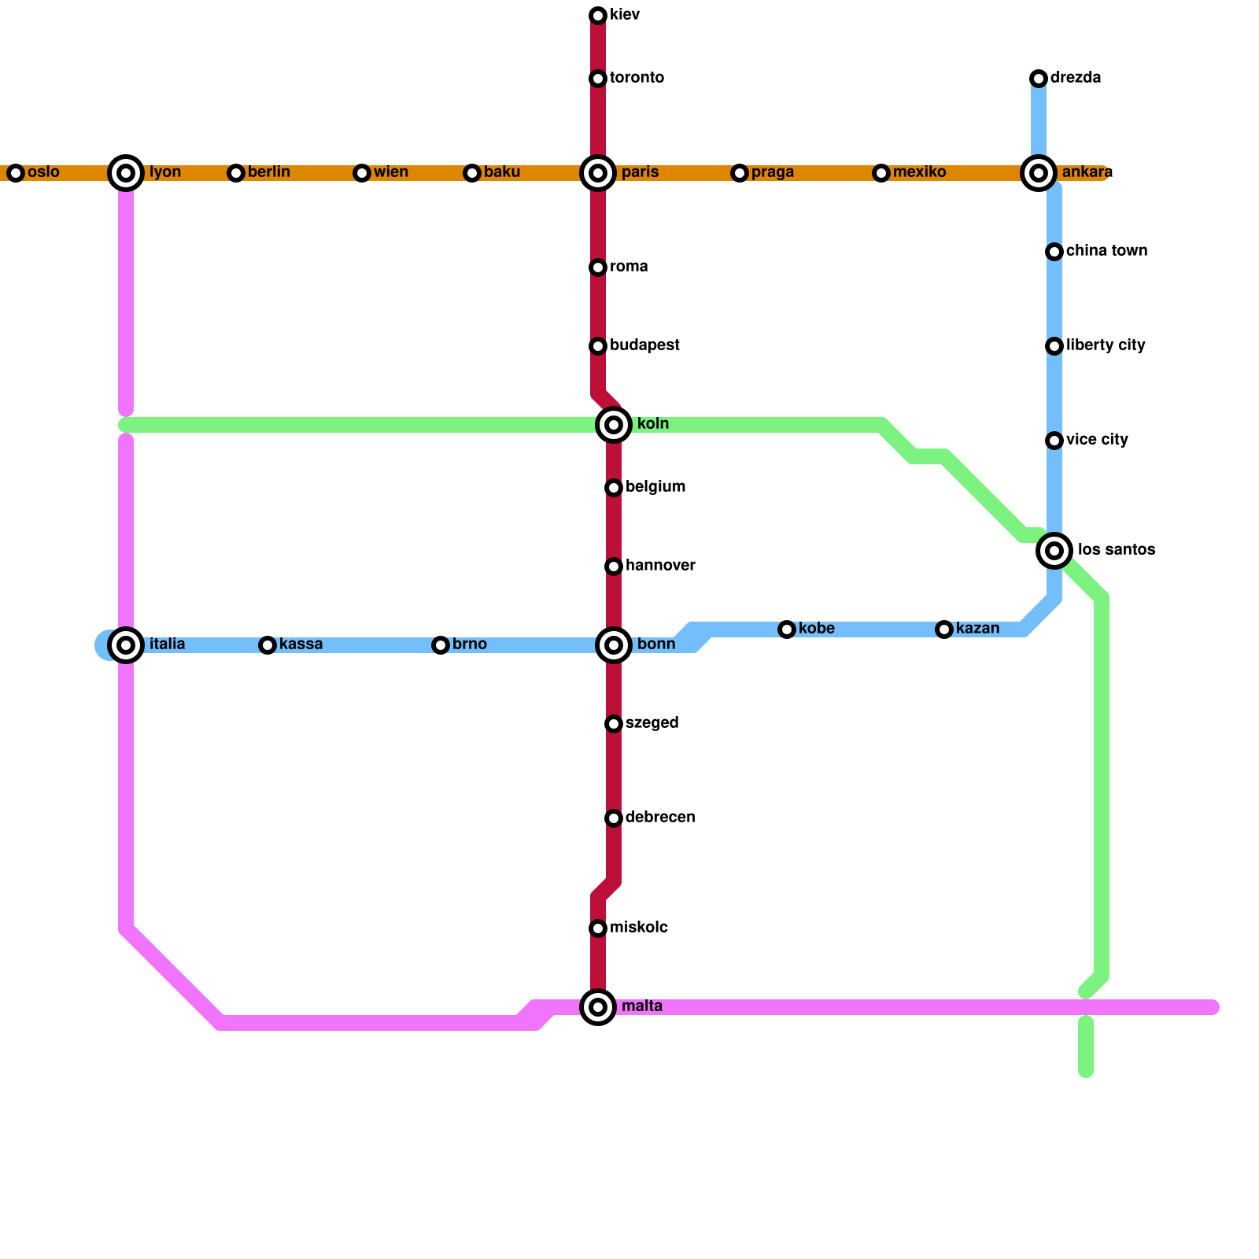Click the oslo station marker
16,173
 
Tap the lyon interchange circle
126,173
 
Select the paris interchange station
598,173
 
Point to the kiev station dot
598,16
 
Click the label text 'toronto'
637,78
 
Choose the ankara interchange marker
1039,173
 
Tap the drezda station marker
1039,79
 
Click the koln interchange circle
614,425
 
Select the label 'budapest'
644,345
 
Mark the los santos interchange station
1054,551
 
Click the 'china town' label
1106,251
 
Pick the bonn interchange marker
614,645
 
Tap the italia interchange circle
126,645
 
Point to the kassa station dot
268,645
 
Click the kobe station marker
787,629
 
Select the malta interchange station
598,1007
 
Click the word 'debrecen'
660,818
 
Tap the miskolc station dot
598,929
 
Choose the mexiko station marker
881,173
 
